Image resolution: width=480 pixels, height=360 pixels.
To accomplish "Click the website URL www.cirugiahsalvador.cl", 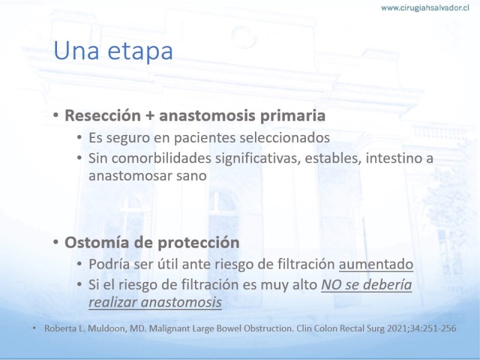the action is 425,8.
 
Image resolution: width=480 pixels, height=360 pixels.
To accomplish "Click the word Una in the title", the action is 76,50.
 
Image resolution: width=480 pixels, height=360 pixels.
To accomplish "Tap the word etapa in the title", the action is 140,52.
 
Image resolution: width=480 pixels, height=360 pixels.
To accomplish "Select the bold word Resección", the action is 103,115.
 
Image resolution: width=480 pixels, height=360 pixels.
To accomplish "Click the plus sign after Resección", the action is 149,116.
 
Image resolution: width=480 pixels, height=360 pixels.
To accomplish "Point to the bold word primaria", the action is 293,116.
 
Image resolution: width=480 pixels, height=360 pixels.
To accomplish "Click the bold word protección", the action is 199,243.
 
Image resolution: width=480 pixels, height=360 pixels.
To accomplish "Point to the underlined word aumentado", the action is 376,264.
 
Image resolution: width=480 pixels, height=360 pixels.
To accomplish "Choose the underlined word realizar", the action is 113,302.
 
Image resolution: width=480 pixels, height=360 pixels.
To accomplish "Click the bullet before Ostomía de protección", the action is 56,242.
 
